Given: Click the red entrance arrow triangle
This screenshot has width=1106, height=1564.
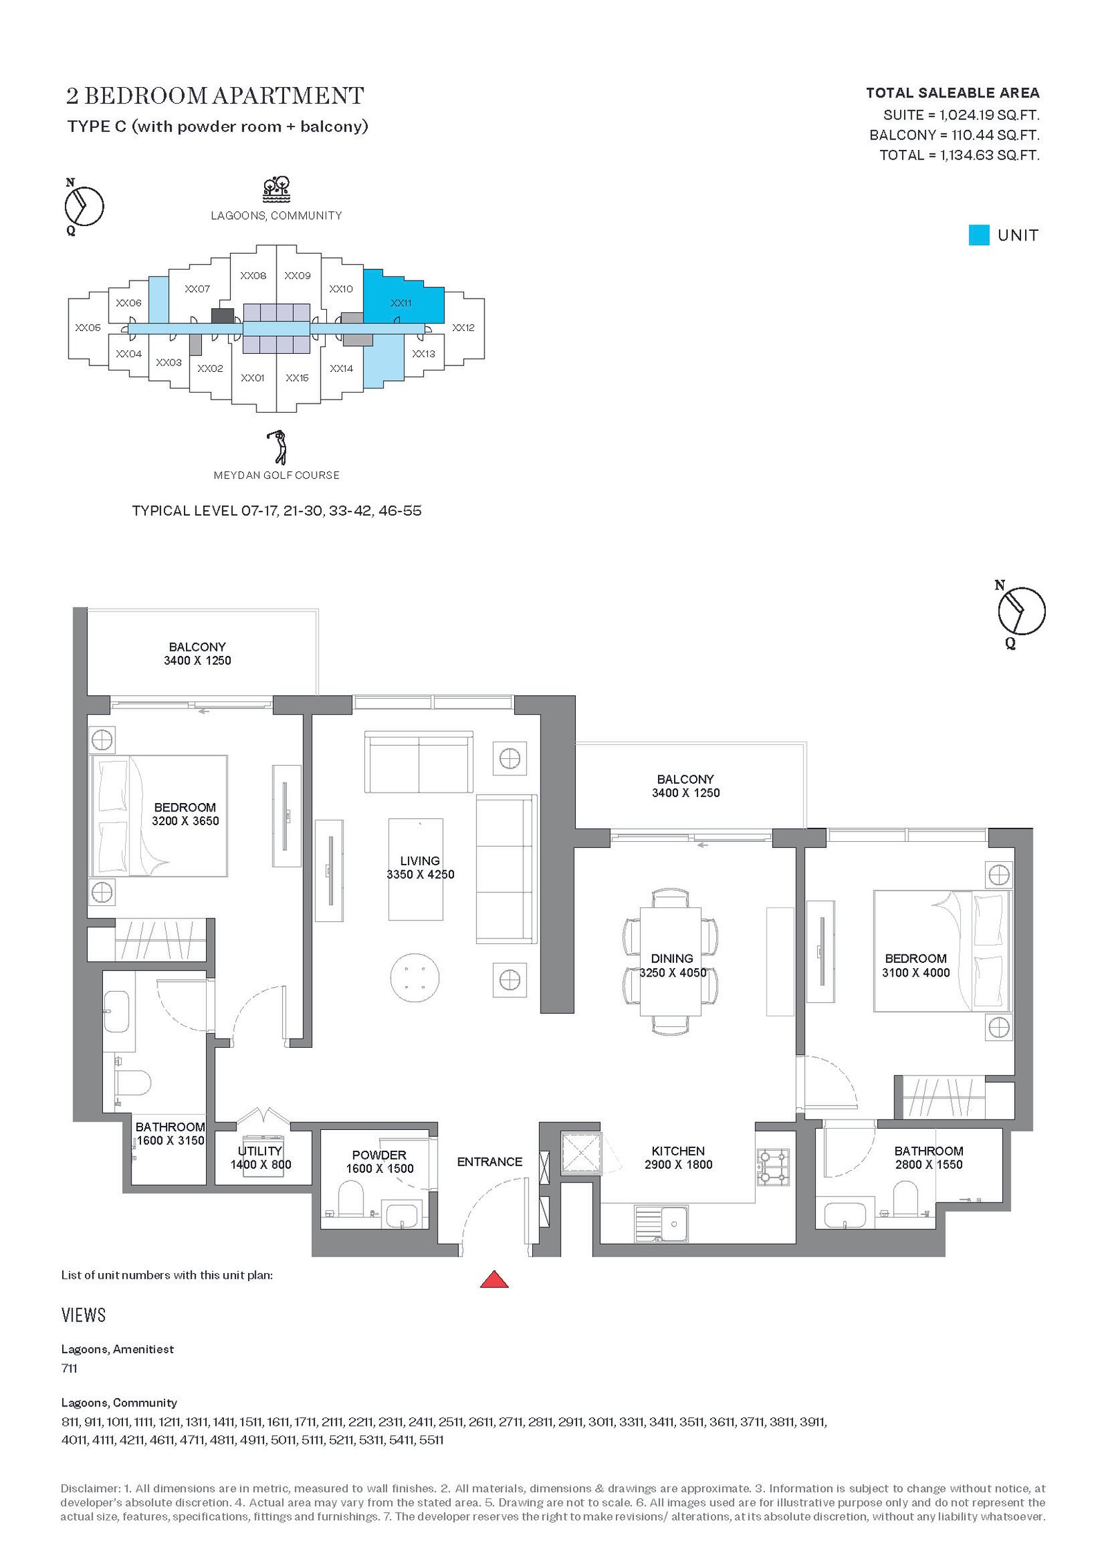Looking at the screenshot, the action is [494, 1279].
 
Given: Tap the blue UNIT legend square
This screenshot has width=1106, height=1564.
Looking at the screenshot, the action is [979, 235].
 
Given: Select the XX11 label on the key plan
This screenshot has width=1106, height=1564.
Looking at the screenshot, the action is [401, 303].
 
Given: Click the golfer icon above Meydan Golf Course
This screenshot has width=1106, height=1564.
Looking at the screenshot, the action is [277, 447].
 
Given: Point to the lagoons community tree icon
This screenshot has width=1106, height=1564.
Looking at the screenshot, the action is [276, 189].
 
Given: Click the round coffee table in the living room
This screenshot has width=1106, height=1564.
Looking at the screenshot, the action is [415, 977].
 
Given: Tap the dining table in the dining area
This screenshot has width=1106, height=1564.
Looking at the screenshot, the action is [671, 961].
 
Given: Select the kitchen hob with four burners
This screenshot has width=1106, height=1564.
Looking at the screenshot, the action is [774, 1166].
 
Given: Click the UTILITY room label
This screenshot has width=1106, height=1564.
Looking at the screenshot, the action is [260, 1151].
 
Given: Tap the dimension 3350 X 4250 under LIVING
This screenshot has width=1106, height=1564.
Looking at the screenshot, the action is [420, 874].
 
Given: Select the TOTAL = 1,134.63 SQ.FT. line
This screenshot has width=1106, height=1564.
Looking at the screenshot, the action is [959, 155].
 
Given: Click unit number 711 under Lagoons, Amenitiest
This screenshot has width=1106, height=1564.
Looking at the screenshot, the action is [69, 1368].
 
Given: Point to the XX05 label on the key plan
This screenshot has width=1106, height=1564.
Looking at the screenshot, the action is [88, 328].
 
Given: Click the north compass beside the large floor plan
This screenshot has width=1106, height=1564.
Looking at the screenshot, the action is [1021, 611].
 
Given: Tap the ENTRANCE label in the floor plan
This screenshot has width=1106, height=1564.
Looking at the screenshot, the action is [489, 1162].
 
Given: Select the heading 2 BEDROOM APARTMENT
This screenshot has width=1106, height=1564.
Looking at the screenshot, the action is [215, 95].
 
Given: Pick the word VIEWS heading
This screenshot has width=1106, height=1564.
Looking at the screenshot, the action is [84, 1315].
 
